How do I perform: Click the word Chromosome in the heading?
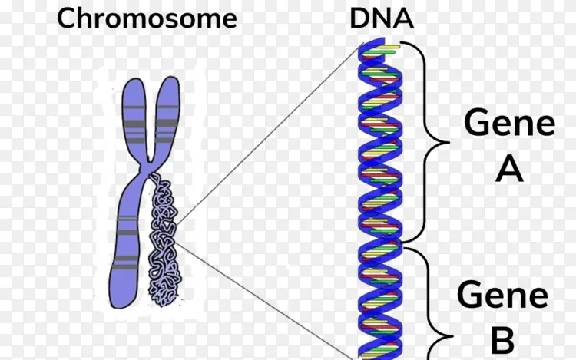click(147, 18)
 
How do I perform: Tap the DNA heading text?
click(382, 18)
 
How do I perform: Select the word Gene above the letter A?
click(509, 123)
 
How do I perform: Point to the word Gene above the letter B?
click(502, 295)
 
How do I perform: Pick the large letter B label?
click(502, 341)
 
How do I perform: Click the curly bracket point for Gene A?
click(448, 142)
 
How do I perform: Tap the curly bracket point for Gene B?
click(451, 335)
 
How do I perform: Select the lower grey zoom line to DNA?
click(264, 301)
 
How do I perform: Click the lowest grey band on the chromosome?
click(125, 266)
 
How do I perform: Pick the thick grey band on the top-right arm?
click(167, 124)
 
